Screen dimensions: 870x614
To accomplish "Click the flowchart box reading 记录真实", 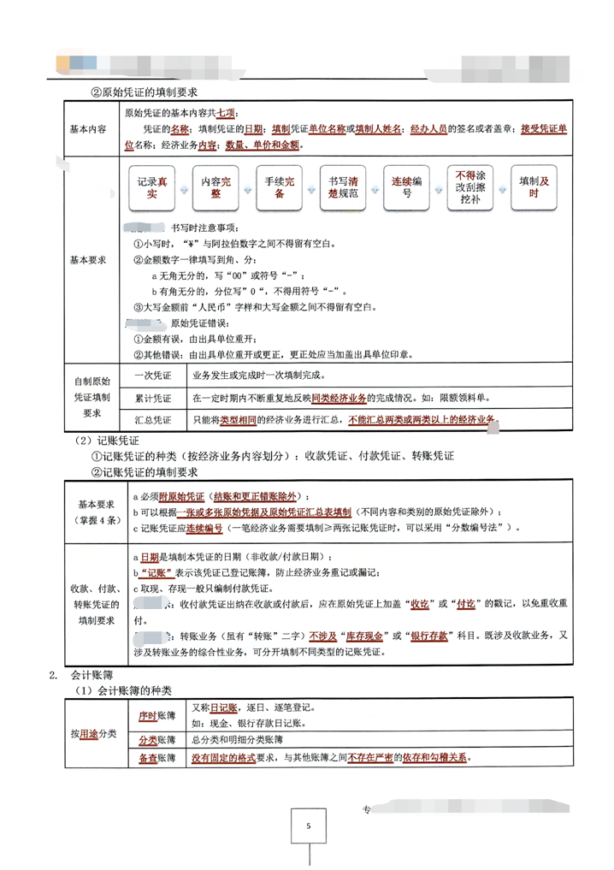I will (152, 188).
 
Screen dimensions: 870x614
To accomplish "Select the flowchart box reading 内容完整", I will (216, 188).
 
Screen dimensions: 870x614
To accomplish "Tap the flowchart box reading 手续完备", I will (280, 188).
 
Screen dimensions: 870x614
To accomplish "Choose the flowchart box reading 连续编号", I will (407, 188).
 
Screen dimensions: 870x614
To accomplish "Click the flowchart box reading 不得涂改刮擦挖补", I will (472, 188).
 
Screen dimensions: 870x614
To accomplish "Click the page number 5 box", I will (308, 826).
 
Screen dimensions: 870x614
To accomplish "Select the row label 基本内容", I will (87, 129).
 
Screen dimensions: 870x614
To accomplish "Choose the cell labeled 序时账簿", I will (156, 714).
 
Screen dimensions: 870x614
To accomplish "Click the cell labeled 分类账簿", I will (156, 738).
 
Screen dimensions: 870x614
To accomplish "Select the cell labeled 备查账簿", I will (156, 759).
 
